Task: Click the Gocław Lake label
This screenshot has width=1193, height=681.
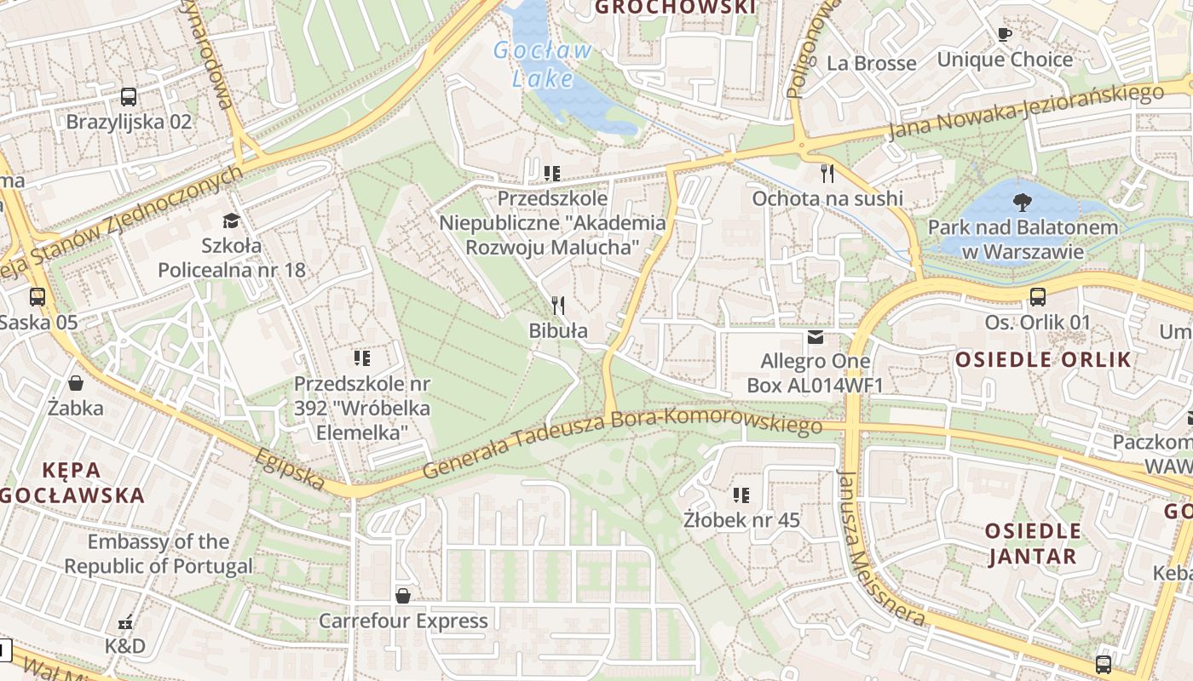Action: pos(543,64)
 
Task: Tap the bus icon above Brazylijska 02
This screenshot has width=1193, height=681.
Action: pos(129,97)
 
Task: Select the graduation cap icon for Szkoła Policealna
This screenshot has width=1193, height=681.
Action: pos(230,221)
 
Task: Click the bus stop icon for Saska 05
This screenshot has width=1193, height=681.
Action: pos(37,297)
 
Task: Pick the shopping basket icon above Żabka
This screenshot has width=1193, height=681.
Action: pos(76,383)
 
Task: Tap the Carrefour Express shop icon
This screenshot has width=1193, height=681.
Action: pos(402,596)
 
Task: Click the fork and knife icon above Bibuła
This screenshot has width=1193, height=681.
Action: pos(558,305)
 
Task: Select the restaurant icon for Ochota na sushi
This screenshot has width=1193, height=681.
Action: pos(827,174)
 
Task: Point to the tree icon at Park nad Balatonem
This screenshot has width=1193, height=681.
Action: pos(1022,203)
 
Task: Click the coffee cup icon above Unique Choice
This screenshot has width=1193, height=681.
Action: pos(1004,35)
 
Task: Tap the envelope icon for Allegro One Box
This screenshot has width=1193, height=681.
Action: pos(816,337)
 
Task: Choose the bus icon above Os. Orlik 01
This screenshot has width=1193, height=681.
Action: pos(1037,297)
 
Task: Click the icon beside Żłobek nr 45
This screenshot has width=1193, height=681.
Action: pos(741,495)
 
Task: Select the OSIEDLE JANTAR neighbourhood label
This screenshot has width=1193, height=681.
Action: pos(1033,544)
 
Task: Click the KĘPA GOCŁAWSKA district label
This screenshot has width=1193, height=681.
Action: pos(72,482)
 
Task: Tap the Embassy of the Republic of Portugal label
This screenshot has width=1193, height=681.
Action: pos(158,553)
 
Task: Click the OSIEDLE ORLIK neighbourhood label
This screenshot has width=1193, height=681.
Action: pos(1043,359)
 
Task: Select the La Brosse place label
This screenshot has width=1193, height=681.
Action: pos(871,63)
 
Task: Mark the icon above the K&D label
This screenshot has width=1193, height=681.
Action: pos(126,622)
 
